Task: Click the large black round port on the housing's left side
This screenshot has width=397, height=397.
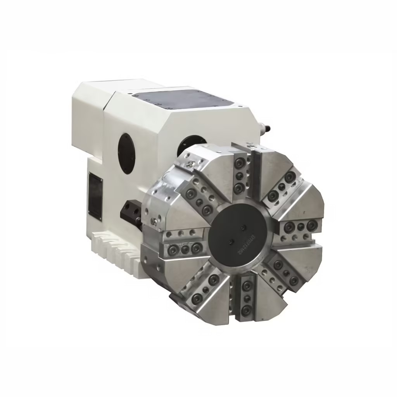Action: tap(128, 154)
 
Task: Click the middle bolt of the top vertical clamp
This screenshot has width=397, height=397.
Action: tap(240, 176)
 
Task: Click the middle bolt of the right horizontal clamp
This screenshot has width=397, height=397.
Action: tap(300, 226)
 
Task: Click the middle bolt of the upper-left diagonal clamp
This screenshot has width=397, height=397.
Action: tap(199, 202)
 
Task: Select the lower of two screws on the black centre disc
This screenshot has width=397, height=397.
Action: tap(231, 242)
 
